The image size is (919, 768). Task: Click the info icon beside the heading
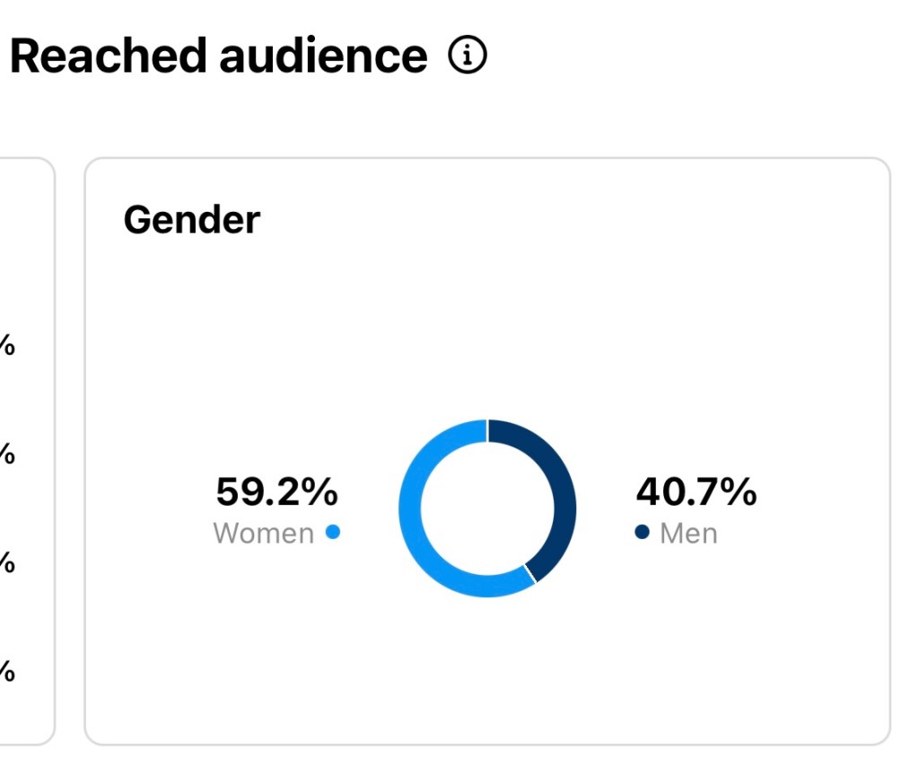tap(467, 57)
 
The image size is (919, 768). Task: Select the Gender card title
tap(192, 219)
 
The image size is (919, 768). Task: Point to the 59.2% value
tap(276, 492)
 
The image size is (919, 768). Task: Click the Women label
tap(264, 534)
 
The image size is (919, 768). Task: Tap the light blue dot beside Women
tap(333, 532)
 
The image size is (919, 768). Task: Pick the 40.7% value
tap(696, 492)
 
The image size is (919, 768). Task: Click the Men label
tap(688, 534)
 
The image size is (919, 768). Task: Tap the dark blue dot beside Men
tap(642, 532)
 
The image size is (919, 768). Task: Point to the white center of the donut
tap(487, 508)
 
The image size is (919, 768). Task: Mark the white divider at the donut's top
tap(487, 431)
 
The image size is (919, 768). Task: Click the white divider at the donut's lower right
tap(530, 574)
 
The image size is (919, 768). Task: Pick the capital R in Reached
tap(27, 57)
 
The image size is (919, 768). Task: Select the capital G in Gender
tap(138, 219)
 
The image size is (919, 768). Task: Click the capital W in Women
tap(228, 534)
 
